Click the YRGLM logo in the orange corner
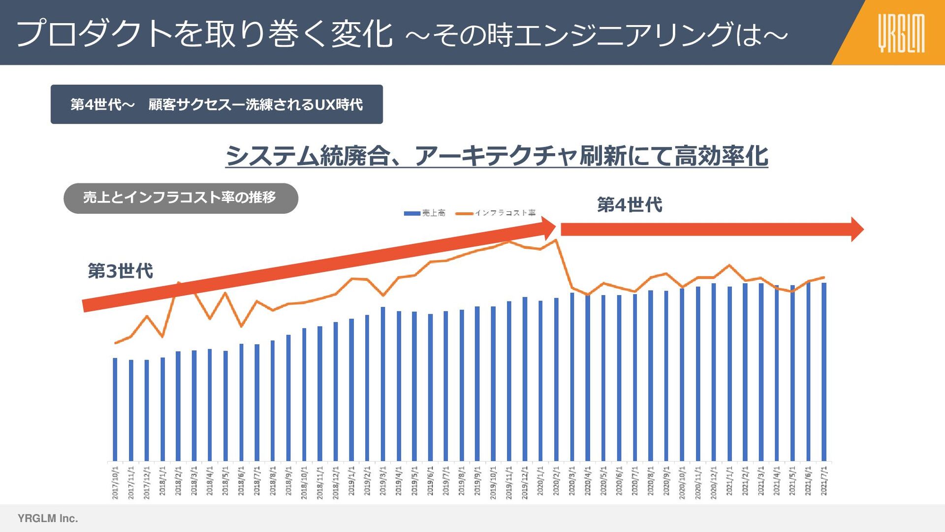click(901, 33)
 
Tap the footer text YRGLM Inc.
click(48, 518)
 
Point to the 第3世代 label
click(120, 271)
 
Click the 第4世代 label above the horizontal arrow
click(630, 204)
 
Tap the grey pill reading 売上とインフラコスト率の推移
click(181, 198)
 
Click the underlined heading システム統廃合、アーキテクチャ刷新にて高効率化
click(496, 156)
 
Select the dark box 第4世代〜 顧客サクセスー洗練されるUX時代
click(217, 104)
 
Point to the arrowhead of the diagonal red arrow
click(548, 228)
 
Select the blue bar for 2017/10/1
click(115, 409)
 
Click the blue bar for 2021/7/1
click(824, 372)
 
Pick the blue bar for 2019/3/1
click(383, 384)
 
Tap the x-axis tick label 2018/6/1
click(241, 483)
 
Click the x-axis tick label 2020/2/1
click(556, 483)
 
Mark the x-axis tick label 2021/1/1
click(729, 483)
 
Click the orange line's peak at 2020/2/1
click(556, 240)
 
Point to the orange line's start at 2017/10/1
click(115, 343)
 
